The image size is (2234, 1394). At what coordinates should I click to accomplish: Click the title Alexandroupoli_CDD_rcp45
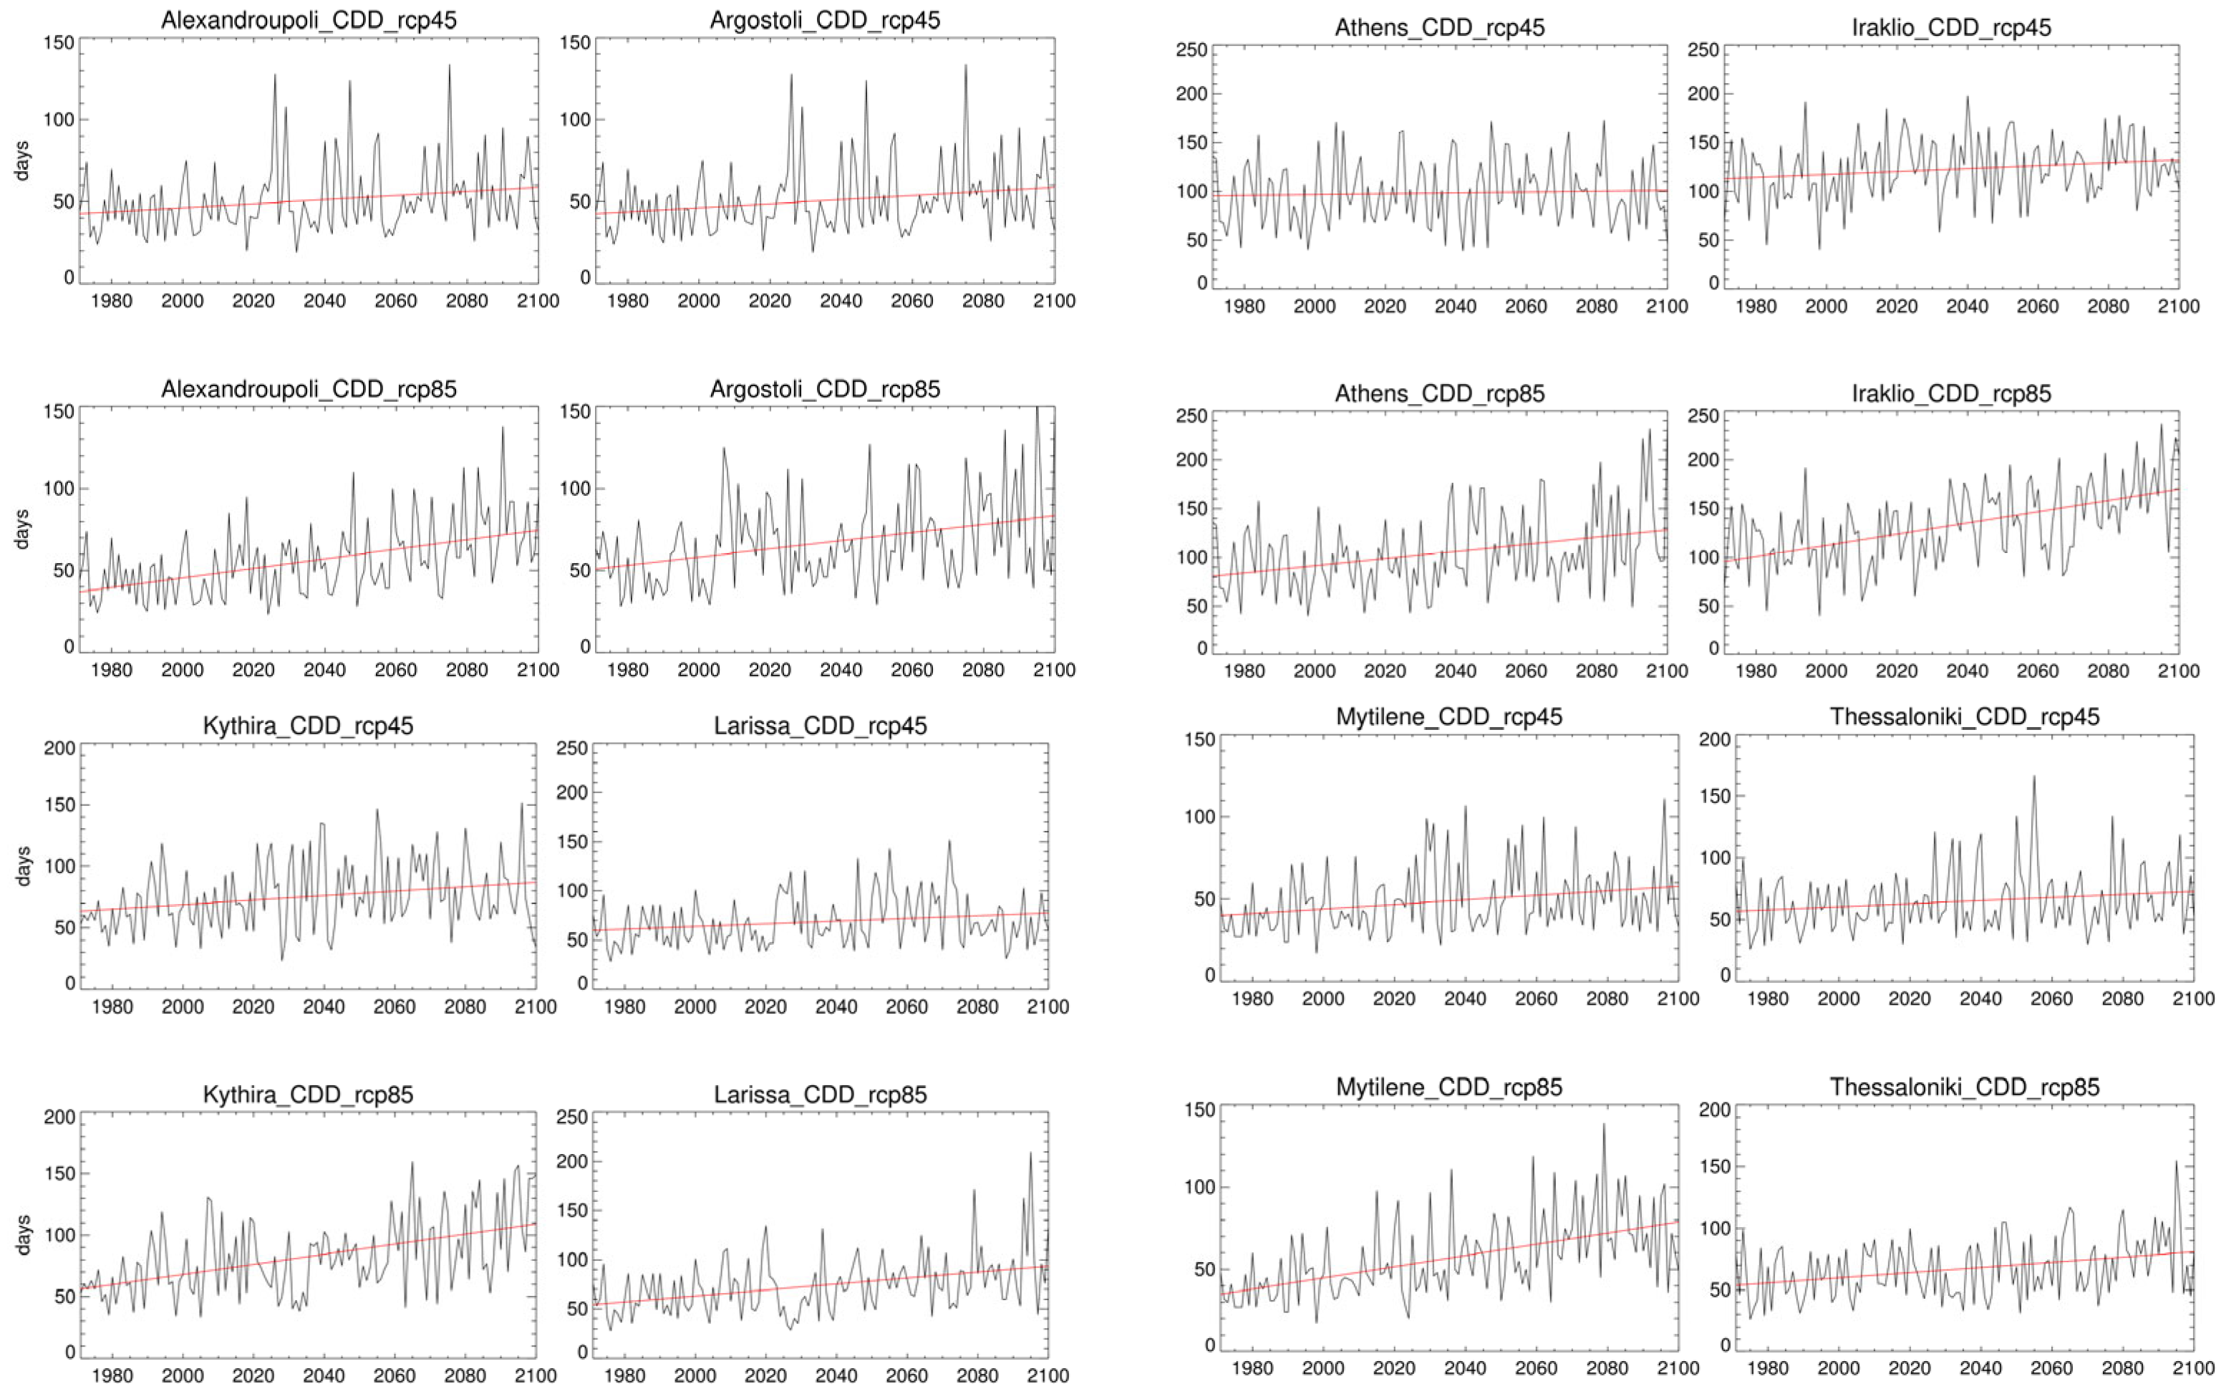coord(309,20)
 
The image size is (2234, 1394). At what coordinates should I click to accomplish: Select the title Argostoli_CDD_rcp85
coord(825,389)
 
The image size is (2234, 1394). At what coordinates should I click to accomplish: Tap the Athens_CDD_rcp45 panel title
coord(1439,28)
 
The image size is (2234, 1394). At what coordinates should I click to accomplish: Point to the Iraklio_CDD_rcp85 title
coord(1951,394)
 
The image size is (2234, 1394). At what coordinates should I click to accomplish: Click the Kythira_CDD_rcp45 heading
coord(308,726)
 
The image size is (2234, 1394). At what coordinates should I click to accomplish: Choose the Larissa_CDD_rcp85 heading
coord(821,1095)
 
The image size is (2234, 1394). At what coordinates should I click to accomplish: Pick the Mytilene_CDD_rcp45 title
coord(1449,716)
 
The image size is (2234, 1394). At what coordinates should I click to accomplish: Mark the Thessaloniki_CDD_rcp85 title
coord(1964,1087)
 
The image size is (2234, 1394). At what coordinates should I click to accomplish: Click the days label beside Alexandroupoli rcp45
coord(22,160)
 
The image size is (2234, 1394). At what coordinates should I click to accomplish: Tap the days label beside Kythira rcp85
coord(22,1234)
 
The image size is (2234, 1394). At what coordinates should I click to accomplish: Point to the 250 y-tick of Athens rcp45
coord(1190,50)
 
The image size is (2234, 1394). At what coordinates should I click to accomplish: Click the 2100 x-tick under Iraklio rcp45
coord(2177,306)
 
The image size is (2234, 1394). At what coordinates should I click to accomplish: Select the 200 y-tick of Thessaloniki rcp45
coord(1714,739)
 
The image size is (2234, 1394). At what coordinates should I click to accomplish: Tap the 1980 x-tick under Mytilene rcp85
coord(1252,1368)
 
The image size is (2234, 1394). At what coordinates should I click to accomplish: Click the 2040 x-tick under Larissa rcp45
coord(836,1006)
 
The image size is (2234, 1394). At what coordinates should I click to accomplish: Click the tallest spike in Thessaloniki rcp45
coord(2033,777)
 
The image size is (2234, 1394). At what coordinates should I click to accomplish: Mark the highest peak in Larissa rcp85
coord(1030,1153)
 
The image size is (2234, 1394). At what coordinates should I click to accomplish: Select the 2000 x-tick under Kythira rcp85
coord(183,1375)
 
